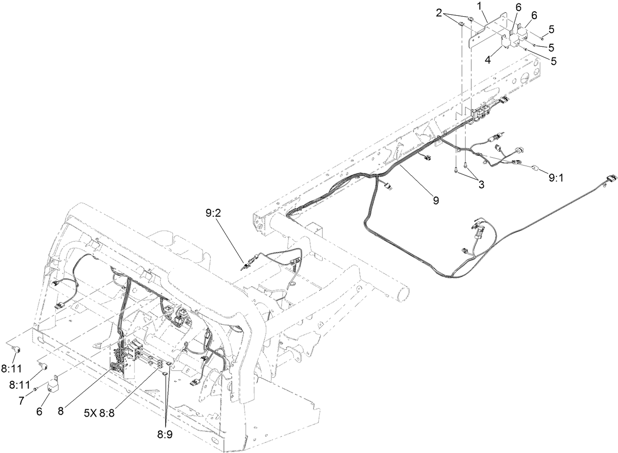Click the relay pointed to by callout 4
point(505,42)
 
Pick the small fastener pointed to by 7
point(36,389)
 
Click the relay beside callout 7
point(54,383)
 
